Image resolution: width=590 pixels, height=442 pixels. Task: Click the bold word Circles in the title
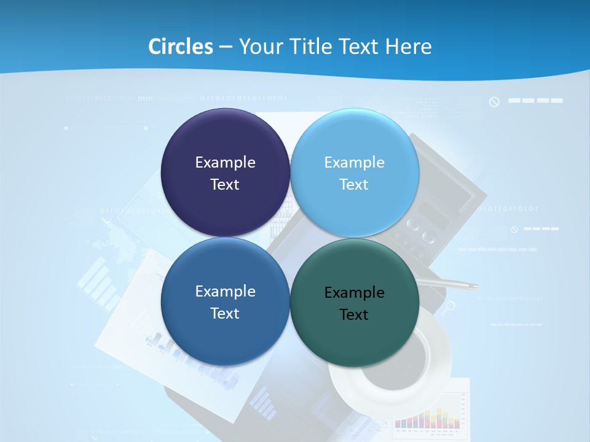coord(180,47)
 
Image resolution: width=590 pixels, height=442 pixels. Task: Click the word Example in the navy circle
coord(225,162)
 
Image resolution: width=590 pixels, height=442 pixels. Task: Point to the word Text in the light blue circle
coord(354,184)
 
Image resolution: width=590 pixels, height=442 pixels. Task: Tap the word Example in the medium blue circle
coord(225,291)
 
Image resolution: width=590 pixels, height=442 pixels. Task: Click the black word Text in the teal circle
coord(354,314)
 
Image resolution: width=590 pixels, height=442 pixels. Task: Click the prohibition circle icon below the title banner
coord(494,101)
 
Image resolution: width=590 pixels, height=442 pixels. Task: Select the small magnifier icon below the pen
coord(450,305)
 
